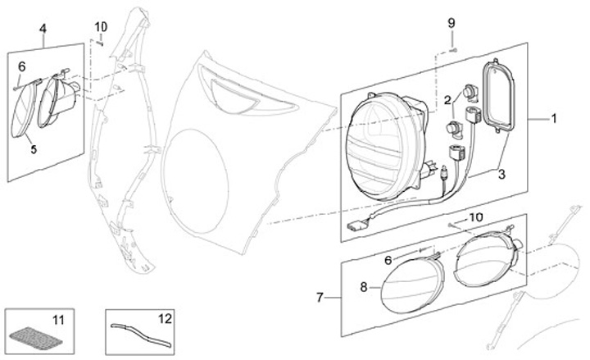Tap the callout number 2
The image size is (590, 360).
click(449, 100)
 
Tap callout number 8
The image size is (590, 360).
click(364, 287)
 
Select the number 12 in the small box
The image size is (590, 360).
click(165, 317)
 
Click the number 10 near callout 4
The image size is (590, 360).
click(101, 26)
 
